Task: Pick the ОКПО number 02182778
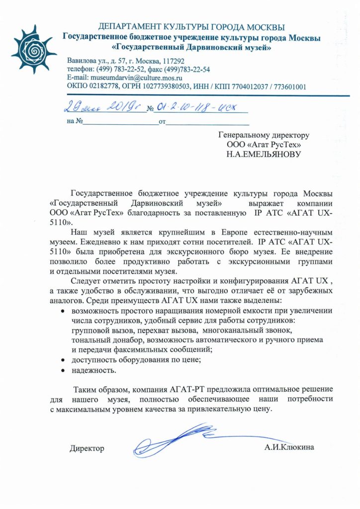click(106, 86)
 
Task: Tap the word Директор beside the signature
click(87, 448)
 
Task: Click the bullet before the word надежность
click(63, 371)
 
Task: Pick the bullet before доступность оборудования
click(63, 359)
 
